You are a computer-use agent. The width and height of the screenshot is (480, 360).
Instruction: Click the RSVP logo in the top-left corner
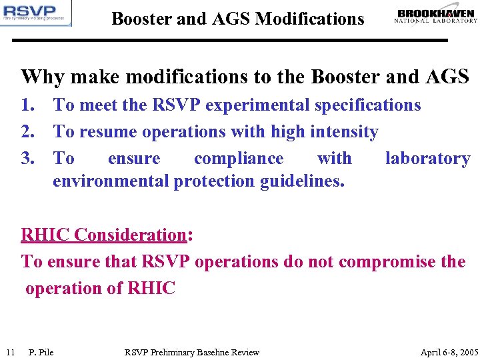(x=36, y=14)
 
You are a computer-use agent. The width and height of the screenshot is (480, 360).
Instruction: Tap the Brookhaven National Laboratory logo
(x=436, y=16)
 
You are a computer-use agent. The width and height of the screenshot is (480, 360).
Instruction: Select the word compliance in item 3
(x=238, y=159)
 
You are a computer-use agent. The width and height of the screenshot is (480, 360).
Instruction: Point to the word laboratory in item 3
(x=427, y=159)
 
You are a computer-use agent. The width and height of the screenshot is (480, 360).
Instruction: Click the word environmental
(x=111, y=181)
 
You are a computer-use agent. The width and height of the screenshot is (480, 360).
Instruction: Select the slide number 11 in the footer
(x=9, y=352)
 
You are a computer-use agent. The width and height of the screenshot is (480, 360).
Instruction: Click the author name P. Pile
(x=41, y=352)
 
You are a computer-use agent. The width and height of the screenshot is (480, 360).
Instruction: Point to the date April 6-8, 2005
(x=449, y=352)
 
